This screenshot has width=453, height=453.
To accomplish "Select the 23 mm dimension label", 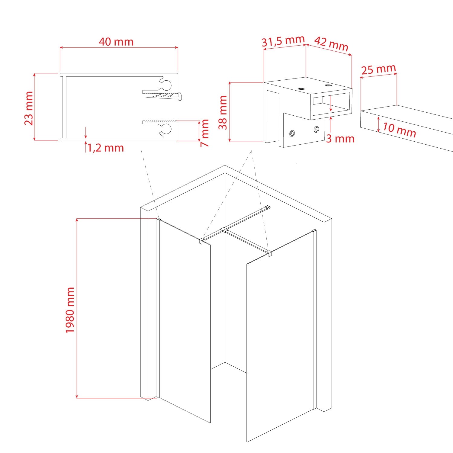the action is pyautogui.click(x=29, y=108).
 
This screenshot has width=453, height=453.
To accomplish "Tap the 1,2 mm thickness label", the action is pyautogui.click(x=106, y=148).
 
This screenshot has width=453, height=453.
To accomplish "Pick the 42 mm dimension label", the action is pyautogui.click(x=332, y=44).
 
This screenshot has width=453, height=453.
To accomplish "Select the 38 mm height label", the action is pyautogui.click(x=223, y=112).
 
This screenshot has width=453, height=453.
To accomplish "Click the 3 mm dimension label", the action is pyautogui.click(x=340, y=139).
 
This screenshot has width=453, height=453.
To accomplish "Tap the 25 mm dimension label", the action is pyautogui.click(x=378, y=69).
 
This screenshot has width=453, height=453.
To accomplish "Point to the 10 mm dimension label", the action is pyautogui.click(x=399, y=130).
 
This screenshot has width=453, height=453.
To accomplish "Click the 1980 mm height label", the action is pyautogui.click(x=70, y=310).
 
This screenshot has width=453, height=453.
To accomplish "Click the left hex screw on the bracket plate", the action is pyautogui.click(x=292, y=133).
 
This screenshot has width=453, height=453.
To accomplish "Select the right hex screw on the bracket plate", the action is pyautogui.click(x=316, y=130).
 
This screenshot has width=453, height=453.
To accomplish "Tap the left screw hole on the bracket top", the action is pyautogui.click(x=301, y=89).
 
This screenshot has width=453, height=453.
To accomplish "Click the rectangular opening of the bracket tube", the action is pyautogui.click(x=331, y=104).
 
